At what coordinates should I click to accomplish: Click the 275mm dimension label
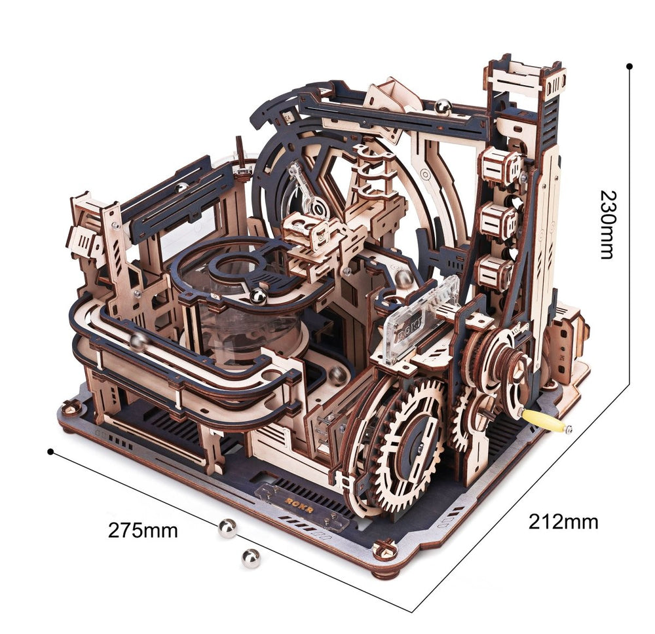(143, 530)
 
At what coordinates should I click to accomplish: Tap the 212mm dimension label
(563, 521)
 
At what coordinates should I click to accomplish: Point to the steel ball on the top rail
(444, 105)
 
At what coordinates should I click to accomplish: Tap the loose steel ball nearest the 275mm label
(227, 528)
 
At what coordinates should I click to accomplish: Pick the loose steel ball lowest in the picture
(250, 558)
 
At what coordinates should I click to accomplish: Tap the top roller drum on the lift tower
(499, 168)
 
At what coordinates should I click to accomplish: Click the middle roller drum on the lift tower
(498, 221)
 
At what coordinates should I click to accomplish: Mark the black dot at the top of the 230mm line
(629, 66)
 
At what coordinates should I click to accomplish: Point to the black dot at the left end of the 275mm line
(50, 451)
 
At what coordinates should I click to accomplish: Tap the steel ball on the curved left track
(138, 341)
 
